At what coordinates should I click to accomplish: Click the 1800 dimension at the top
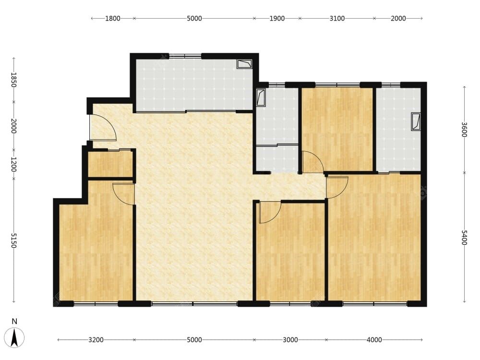point(113,18)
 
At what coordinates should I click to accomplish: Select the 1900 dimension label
point(277,18)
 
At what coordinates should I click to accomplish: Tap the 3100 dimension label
point(337,18)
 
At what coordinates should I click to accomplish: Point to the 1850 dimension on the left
point(13,80)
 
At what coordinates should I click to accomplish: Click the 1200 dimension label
point(13,164)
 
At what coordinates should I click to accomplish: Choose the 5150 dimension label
point(13,240)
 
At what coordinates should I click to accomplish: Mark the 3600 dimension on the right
point(464,130)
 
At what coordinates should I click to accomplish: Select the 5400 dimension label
point(464,238)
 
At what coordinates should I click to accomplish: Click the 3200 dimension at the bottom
point(96,340)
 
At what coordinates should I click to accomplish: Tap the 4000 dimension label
point(374,340)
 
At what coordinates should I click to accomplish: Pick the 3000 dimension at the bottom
point(290,340)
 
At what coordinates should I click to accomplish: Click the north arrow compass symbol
point(14,337)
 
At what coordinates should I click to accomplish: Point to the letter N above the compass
point(14,321)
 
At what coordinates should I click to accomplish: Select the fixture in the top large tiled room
point(245,64)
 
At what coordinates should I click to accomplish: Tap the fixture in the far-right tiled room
point(416,122)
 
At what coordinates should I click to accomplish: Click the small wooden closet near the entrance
point(110,164)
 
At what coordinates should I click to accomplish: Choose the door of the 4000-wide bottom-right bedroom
point(337,187)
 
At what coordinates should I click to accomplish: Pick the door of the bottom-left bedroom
point(124,194)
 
